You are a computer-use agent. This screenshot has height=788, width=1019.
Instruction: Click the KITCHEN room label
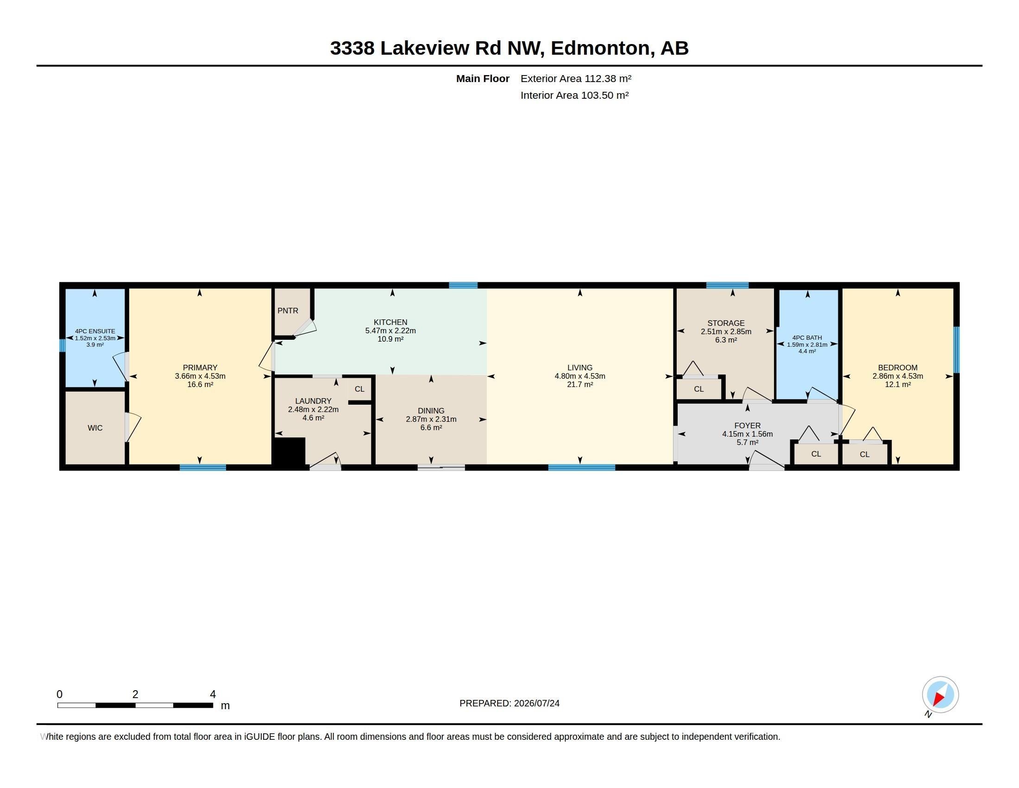point(390,322)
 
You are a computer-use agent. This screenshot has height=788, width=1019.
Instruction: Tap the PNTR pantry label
point(288,311)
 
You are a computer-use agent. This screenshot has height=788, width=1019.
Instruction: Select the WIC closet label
point(94,428)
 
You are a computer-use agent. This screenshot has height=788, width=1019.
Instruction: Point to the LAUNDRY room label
point(313,401)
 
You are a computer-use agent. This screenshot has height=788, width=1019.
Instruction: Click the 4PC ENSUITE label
point(94,331)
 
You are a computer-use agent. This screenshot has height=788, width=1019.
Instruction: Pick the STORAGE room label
point(725,323)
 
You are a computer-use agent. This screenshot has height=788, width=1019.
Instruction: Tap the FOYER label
point(747,426)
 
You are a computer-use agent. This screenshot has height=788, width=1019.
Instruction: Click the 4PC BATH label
point(807,337)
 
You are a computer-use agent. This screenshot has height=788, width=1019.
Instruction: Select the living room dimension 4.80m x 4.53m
point(579,376)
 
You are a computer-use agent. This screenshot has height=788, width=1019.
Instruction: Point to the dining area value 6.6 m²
point(431,428)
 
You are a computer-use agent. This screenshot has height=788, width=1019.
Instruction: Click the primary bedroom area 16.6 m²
point(200,384)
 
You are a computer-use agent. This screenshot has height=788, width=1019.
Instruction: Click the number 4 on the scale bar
point(213,694)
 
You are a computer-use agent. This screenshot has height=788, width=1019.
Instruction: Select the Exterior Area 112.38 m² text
point(576,78)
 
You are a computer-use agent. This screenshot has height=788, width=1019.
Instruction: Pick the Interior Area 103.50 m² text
point(574,95)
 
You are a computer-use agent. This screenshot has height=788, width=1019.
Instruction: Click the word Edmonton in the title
point(599,48)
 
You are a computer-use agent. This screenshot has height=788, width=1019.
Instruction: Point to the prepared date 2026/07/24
point(536,703)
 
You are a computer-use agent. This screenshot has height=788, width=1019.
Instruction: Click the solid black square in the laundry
point(289,451)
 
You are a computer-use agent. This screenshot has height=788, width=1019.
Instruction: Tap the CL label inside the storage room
point(698,389)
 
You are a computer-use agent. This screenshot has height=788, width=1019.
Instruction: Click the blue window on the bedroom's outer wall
point(956,350)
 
